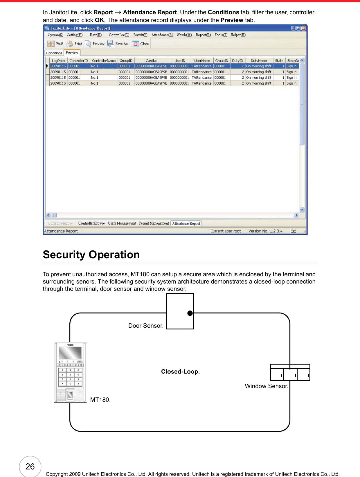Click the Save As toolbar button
point(118,44)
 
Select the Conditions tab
point(54,53)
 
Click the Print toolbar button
point(74,44)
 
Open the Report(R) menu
point(203,35)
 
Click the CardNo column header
point(152,61)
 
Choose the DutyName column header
point(259,61)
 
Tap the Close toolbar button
point(141,44)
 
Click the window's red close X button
point(303,28)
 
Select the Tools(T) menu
point(221,35)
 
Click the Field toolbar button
point(55,44)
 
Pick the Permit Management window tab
point(154,223)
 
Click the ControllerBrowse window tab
point(91,223)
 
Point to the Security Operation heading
point(91,255)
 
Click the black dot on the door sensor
point(190,313)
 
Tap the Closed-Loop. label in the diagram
point(180,372)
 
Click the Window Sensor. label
point(267,386)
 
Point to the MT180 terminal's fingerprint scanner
point(70,394)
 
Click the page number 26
point(30,467)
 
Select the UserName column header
point(202,61)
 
